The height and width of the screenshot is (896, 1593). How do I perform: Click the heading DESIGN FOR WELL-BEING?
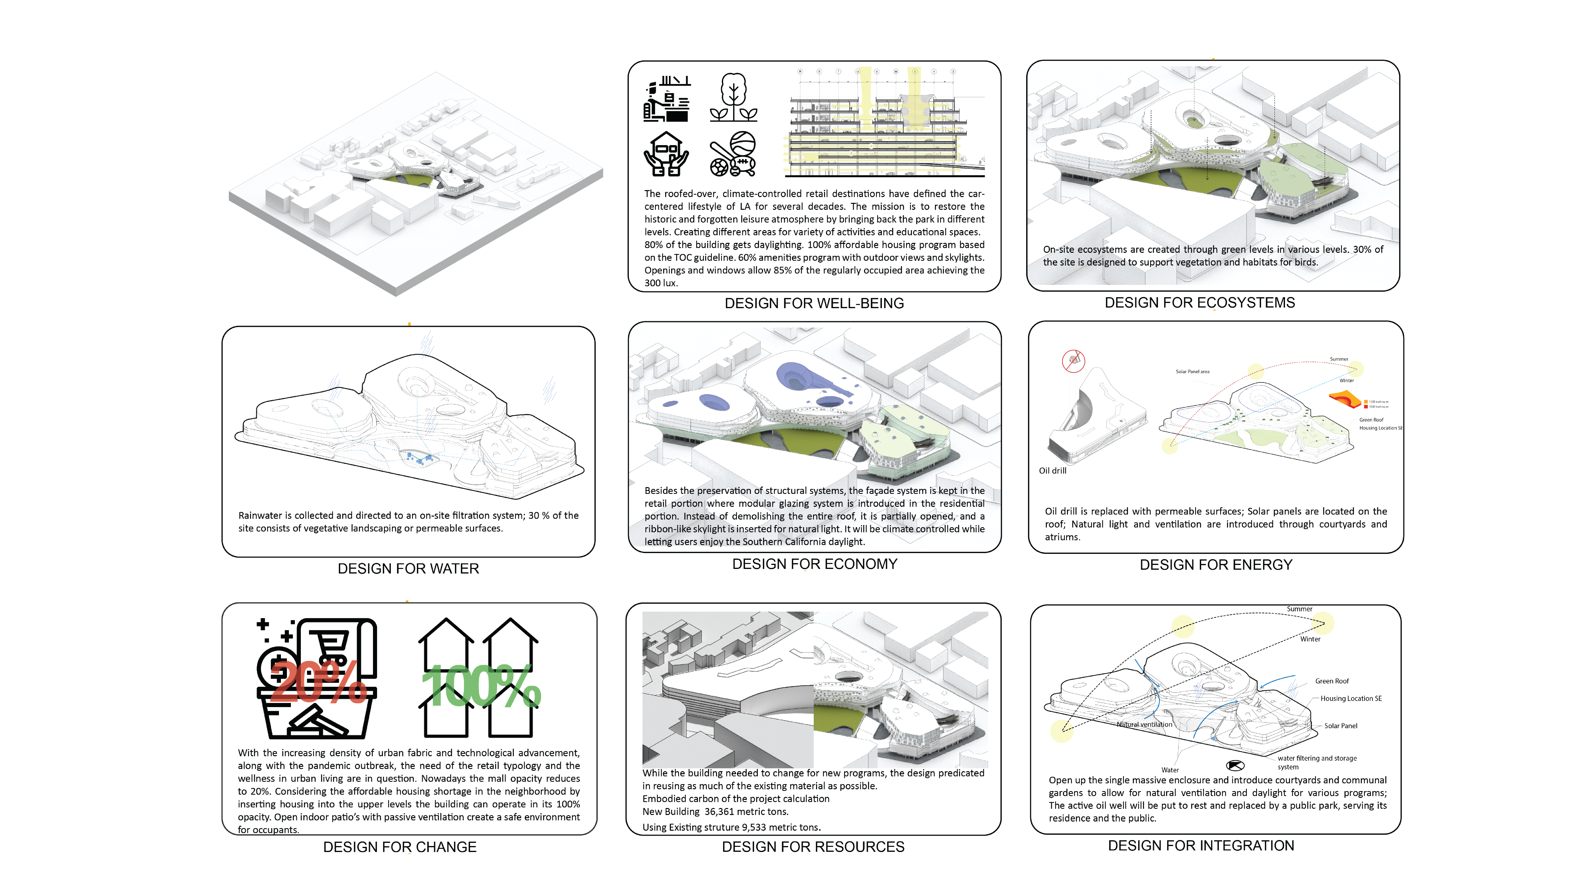(814, 303)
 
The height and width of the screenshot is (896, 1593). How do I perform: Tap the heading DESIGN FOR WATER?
(408, 568)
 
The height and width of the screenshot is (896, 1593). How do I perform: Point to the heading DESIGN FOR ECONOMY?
(815, 564)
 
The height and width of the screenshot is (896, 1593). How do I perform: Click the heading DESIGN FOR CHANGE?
(399, 846)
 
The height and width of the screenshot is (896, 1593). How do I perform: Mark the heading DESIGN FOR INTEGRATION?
(1200, 845)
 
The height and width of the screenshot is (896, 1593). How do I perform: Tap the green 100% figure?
(481, 686)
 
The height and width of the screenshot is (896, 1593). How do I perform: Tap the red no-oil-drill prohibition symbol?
(1074, 361)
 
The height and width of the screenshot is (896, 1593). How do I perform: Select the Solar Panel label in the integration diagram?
(1340, 726)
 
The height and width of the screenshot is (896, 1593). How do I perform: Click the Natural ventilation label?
(1144, 724)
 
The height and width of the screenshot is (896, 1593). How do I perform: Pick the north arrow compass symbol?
(1235, 766)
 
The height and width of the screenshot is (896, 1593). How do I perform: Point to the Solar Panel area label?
(1192, 372)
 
